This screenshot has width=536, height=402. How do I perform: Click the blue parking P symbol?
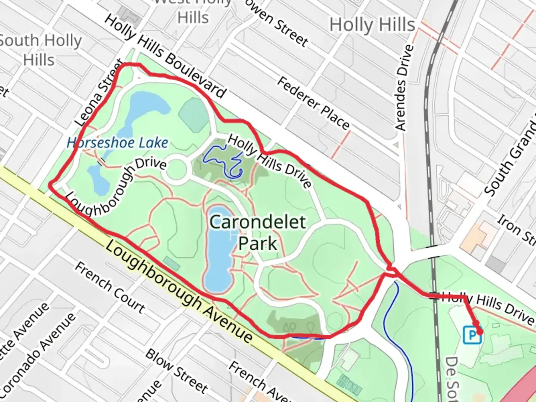click(x=472, y=335)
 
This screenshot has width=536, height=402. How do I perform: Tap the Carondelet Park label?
click(x=258, y=233)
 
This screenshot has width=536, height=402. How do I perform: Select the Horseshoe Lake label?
click(x=117, y=143)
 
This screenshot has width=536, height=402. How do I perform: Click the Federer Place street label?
click(x=313, y=103)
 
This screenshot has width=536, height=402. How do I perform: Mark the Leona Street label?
click(x=99, y=93)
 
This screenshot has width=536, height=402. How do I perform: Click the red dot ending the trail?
click(x=480, y=331)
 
